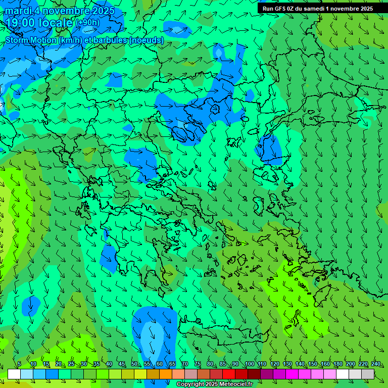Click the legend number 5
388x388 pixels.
[x=19, y=364]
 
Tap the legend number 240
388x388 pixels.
[x=375, y=364]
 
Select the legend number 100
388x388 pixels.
[x=249, y=364]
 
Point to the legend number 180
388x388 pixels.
[x=337, y=364]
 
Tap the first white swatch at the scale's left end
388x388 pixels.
[x=14, y=374]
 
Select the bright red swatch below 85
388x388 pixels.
[x=229, y=374]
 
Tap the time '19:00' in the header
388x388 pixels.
[x=22, y=23]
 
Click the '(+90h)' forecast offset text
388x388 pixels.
[x=87, y=23]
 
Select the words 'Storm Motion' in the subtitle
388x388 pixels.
[x=31, y=40]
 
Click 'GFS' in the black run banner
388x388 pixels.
[x=281, y=9]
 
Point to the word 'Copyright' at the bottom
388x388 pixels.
[x=190, y=384]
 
